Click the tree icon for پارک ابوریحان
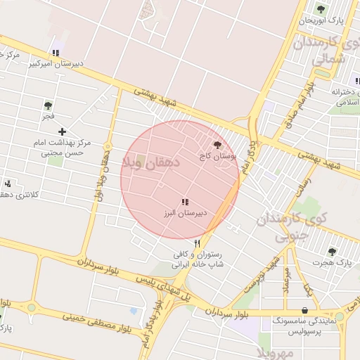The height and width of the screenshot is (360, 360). pyautogui.click(x=321, y=9)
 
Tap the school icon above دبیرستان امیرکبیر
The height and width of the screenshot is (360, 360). pyautogui.click(x=55, y=52)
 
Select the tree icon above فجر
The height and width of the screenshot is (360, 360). pyautogui.click(x=48, y=105)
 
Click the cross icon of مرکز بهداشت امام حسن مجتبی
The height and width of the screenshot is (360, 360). pyautogui.click(x=62, y=131)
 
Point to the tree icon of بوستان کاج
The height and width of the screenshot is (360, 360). pyautogui.click(x=216, y=145)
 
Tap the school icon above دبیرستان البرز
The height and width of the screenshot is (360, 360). pyautogui.click(x=185, y=202)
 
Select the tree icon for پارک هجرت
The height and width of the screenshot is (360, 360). pyautogui.click(x=332, y=251)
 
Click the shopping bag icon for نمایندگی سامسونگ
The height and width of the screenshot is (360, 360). pyautogui.click(x=304, y=309)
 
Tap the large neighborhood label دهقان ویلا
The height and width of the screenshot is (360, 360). pyautogui.click(x=152, y=163)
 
